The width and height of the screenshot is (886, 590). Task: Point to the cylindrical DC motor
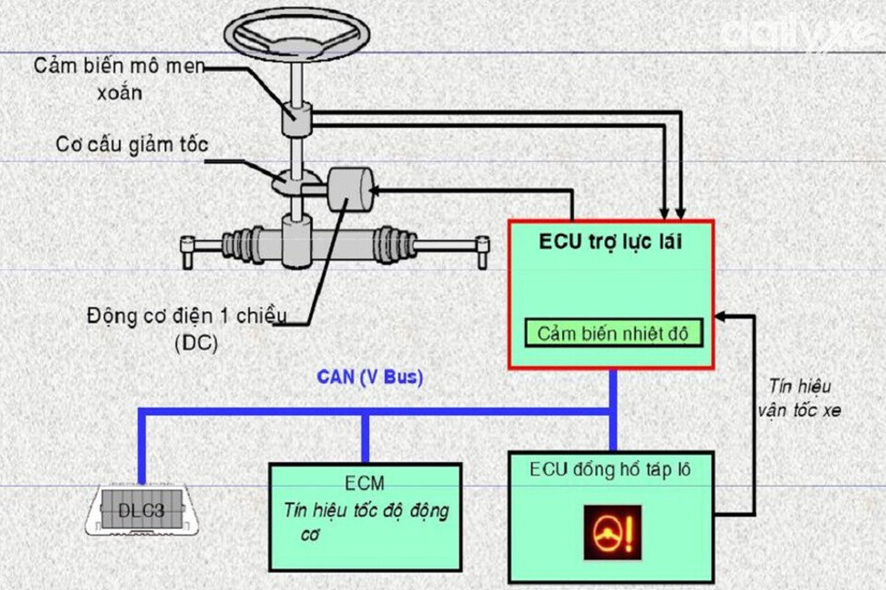[349, 190]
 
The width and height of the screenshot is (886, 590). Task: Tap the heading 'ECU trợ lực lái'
[611, 242]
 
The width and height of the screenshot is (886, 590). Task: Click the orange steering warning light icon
[612, 532]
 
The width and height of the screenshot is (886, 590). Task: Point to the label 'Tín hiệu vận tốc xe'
[801, 398]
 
